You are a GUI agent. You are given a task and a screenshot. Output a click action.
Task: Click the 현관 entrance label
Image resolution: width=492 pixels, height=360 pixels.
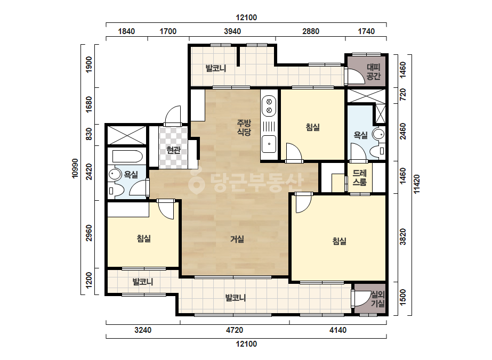click(x=174, y=150)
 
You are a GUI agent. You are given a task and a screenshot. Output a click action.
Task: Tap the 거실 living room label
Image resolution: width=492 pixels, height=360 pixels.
click(x=237, y=239)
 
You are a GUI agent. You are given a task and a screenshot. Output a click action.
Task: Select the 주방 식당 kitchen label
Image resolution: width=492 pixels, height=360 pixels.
click(x=244, y=127)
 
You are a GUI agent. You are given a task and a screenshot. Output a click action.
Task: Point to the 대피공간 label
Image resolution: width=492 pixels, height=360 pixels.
click(x=373, y=71)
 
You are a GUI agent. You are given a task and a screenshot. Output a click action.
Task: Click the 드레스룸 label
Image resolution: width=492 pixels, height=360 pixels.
click(x=360, y=177)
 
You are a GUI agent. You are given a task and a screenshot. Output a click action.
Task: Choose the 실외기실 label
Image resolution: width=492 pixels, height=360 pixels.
click(x=378, y=299)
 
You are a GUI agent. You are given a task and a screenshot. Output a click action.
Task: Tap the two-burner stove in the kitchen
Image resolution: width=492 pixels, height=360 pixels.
click(x=269, y=106)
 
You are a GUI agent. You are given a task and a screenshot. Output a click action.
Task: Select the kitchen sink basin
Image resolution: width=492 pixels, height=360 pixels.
click(x=269, y=144)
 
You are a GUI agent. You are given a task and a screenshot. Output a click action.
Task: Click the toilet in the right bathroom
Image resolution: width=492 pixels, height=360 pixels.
click(x=378, y=151)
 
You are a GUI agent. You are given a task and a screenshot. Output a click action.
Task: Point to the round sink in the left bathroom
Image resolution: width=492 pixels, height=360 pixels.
click(x=115, y=174)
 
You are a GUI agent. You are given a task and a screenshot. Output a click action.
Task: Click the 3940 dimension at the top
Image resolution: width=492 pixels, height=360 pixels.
click(x=232, y=31)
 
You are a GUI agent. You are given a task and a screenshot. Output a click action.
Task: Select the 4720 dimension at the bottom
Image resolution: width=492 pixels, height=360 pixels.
click(x=235, y=330)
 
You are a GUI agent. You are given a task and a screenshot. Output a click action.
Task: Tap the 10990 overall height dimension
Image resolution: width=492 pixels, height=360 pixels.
click(x=75, y=168)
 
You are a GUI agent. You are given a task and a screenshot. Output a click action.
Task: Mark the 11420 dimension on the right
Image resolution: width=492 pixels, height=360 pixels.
click(x=417, y=184)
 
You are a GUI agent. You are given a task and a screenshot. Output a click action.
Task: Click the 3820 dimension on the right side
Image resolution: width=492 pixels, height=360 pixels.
click(x=403, y=237)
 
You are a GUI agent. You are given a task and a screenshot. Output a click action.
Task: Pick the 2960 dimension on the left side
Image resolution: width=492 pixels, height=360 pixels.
click(x=89, y=233)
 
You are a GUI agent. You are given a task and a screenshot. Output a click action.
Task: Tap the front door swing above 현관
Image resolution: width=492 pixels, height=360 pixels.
click(x=173, y=116)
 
